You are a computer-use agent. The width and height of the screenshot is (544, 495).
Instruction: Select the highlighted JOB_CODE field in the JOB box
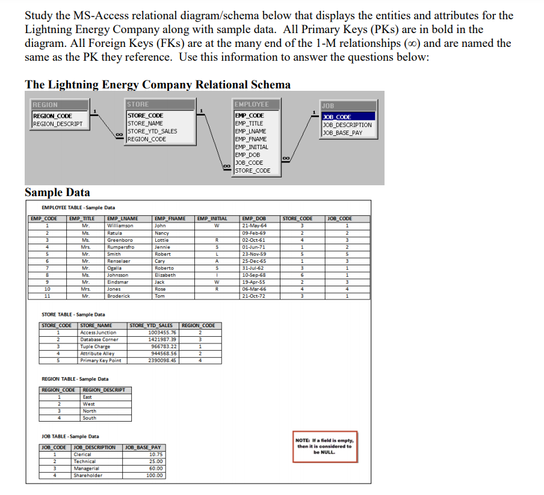coord(348,117)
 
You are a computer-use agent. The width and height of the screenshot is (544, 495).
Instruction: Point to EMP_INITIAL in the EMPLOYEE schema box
coord(252,147)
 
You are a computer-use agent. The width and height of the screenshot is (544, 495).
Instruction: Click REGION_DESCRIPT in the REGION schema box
coord(58,124)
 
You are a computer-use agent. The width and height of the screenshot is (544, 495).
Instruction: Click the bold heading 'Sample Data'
coord(57,192)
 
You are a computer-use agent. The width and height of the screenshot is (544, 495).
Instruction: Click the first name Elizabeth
coord(165,275)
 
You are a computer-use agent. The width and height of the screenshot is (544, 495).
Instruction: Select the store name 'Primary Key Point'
coord(100,361)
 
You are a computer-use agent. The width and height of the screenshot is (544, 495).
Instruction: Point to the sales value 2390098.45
coord(162,361)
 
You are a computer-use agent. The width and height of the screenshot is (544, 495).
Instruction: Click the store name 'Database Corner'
coord(99,339)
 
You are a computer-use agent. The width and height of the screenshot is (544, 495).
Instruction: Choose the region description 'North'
coord(89,411)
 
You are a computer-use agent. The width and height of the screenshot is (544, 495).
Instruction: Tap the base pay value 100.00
coord(155,475)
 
